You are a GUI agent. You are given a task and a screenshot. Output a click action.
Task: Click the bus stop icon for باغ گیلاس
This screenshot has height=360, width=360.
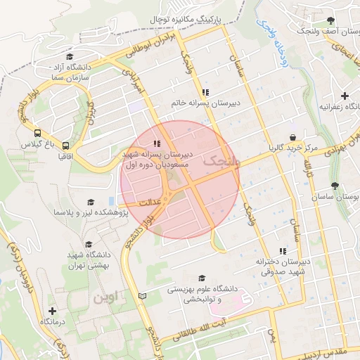coord(37,132)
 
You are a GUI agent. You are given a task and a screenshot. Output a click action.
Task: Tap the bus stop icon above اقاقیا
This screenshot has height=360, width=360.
coord(65,140)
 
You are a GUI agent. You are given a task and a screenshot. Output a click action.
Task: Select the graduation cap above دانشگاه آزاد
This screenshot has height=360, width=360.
coord(69,58)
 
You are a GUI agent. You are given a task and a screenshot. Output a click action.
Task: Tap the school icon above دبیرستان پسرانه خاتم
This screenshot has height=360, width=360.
coord(205,92)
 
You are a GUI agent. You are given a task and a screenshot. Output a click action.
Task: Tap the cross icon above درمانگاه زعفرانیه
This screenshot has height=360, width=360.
coord(344,96)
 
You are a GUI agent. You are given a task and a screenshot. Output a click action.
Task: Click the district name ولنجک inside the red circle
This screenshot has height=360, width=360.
coord(221,162)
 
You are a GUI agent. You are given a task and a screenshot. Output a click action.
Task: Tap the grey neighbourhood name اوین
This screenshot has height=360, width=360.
coord(103,297)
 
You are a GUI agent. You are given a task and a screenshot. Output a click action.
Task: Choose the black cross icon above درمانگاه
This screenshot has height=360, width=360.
coord(53,310)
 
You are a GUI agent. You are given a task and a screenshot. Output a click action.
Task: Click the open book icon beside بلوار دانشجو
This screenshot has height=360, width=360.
coord(143,297)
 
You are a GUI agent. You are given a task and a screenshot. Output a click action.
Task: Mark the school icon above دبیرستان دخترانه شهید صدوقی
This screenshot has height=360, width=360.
coord(283,251)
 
